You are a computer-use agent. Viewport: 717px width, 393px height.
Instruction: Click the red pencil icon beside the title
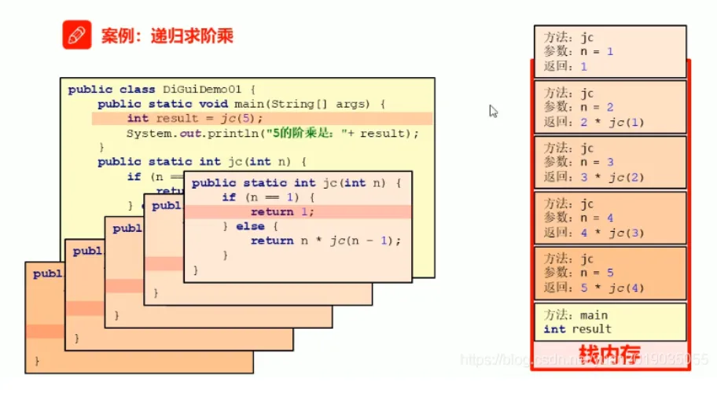tap(76, 35)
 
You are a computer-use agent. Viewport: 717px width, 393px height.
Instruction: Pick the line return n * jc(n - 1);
tap(325, 241)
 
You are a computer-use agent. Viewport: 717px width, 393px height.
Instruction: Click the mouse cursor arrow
tap(494, 112)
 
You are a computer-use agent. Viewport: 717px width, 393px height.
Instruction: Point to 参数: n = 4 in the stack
tap(579, 218)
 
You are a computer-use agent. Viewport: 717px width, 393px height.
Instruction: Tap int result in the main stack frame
tap(577, 329)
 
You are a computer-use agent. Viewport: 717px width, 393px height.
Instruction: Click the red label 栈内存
tap(609, 352)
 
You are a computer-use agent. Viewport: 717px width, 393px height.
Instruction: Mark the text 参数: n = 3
tap(579, 163)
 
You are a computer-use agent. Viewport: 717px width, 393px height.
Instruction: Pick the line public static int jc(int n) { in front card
tap(296, 183)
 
